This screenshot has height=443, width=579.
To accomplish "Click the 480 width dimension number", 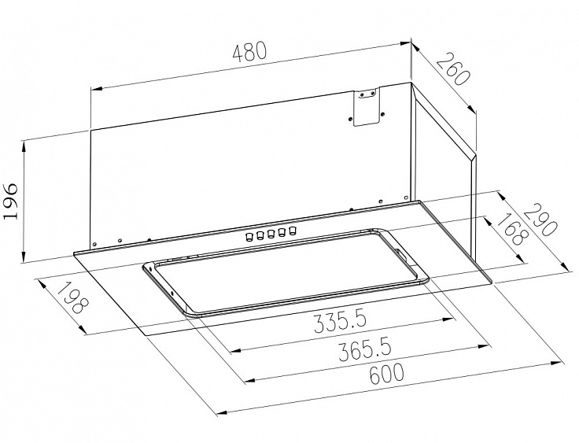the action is tap(249, 52).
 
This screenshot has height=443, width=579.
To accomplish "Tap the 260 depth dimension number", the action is tap(453, 69).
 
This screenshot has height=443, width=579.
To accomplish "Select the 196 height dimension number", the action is tap(10, 201).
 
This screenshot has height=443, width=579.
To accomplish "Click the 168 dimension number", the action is tap(511, 229).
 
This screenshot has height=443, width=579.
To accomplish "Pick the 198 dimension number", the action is tap(74, 297).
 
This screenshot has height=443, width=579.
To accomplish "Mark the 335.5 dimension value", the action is tap(340, 322).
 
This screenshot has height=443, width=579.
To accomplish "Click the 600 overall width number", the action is tap(386, 375).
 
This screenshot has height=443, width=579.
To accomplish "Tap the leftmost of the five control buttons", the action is tap(249, 236).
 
